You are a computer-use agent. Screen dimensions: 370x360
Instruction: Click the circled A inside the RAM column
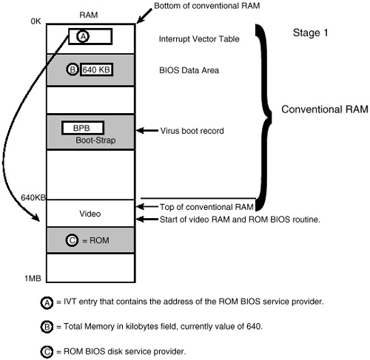(x=83, y=36)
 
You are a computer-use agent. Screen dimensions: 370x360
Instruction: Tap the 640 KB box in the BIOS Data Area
(x=96, y=69)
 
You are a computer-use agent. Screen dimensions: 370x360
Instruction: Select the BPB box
(x=83, y=128)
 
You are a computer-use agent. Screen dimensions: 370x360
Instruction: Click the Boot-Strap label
(x=95, y=140)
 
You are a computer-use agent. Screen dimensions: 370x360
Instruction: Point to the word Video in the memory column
(x=90, y=214)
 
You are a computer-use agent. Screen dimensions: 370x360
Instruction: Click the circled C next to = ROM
(x=72, y=240)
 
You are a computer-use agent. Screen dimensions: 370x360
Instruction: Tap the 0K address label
(x=36, y=21)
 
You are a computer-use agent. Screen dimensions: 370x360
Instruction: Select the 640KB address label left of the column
(x=33, y=197)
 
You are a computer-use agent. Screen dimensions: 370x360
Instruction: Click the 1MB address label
(x=33, y=279)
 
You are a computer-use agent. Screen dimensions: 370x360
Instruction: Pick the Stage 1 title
(x=311, y=33)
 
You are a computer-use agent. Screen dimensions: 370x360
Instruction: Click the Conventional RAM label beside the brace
(x=325, y=109)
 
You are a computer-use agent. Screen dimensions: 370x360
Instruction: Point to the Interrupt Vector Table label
(x=199, y=39)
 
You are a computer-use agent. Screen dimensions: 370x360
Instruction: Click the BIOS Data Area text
(x=189, y=70)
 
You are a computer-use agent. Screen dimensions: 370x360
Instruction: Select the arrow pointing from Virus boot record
(x=147, y=130)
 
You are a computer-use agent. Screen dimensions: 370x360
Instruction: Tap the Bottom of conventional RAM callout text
(x=207, y=6)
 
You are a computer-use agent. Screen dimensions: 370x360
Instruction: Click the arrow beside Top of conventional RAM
(x=147, y=206)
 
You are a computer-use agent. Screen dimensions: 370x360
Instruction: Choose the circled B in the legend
(x=47, y=327)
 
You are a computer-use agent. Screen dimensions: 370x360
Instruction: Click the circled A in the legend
(x=47, y=302)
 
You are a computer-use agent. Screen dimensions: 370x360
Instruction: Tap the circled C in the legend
(x=47, y=352)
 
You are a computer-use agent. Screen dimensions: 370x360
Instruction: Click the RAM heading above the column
(x=89, y=15)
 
